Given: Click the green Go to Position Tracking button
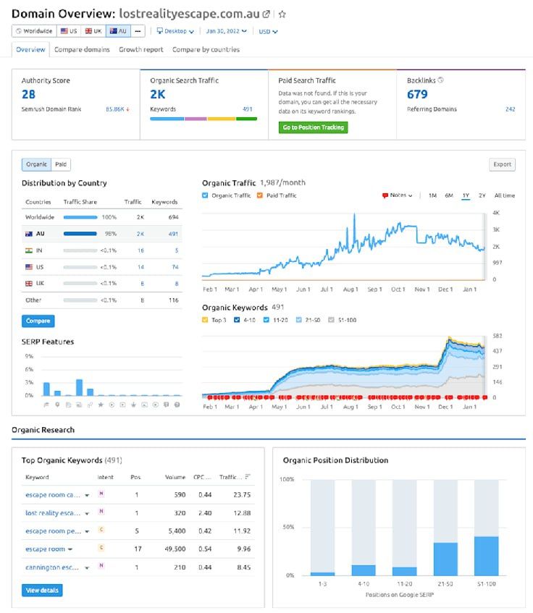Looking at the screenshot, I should point(313,127).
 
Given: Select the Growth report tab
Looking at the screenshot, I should point(140,50).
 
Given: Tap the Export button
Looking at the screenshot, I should point(502,164).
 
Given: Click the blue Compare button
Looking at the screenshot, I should point(38,321).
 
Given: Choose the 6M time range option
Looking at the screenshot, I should point(449,195).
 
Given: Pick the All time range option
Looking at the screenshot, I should point(504,195).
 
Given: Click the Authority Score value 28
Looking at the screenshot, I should point(28,94).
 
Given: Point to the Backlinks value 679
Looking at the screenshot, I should point(417,94).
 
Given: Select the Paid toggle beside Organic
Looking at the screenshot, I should point(61,165).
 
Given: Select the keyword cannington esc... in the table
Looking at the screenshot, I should point(53,568).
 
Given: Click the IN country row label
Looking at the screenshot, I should point(40,250).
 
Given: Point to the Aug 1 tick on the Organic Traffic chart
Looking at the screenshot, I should point(351,289).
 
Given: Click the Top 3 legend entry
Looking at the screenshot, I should point(217,320).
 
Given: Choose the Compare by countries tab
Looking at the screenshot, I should point(206,50).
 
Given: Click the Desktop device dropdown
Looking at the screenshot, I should point(175,31).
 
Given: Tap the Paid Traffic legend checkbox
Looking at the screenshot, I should point(261,195).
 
